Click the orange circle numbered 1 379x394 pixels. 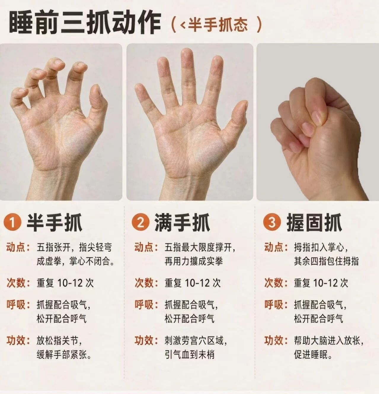12,223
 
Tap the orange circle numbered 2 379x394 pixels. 141,223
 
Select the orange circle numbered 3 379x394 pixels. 272,223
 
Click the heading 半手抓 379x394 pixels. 55,223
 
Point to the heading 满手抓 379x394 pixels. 182,223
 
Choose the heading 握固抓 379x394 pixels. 314,223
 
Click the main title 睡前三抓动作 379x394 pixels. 85,24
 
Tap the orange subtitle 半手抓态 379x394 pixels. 218,25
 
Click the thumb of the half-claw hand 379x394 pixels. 98,105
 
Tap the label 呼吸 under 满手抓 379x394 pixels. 144,305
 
